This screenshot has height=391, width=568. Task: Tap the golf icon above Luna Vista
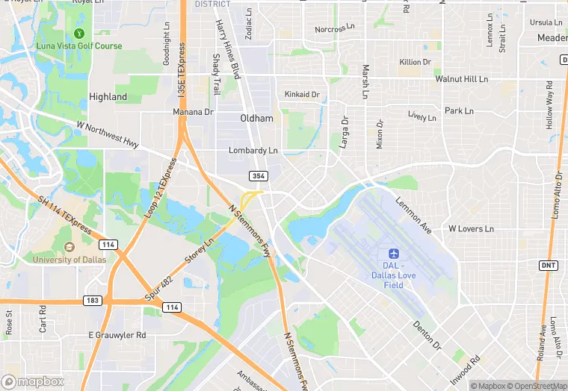[x=79, y=34]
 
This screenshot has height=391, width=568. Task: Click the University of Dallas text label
[x=69, y=259]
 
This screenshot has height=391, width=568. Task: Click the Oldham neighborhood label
[x=256, y=119]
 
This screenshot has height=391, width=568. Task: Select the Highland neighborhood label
[x=108, y=97]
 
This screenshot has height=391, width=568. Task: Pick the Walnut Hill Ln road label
[x=461, y=78]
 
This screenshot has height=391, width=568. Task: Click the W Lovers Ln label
[x=471, y=228]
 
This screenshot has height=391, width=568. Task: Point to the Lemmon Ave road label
[x=414, y=215]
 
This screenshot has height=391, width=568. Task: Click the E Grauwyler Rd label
[x=117, y=335]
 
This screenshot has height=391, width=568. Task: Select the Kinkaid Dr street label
[x=302, y=95]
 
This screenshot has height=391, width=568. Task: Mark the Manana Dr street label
[x=194, y=112]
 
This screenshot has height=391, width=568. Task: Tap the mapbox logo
[x=32, y=381]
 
